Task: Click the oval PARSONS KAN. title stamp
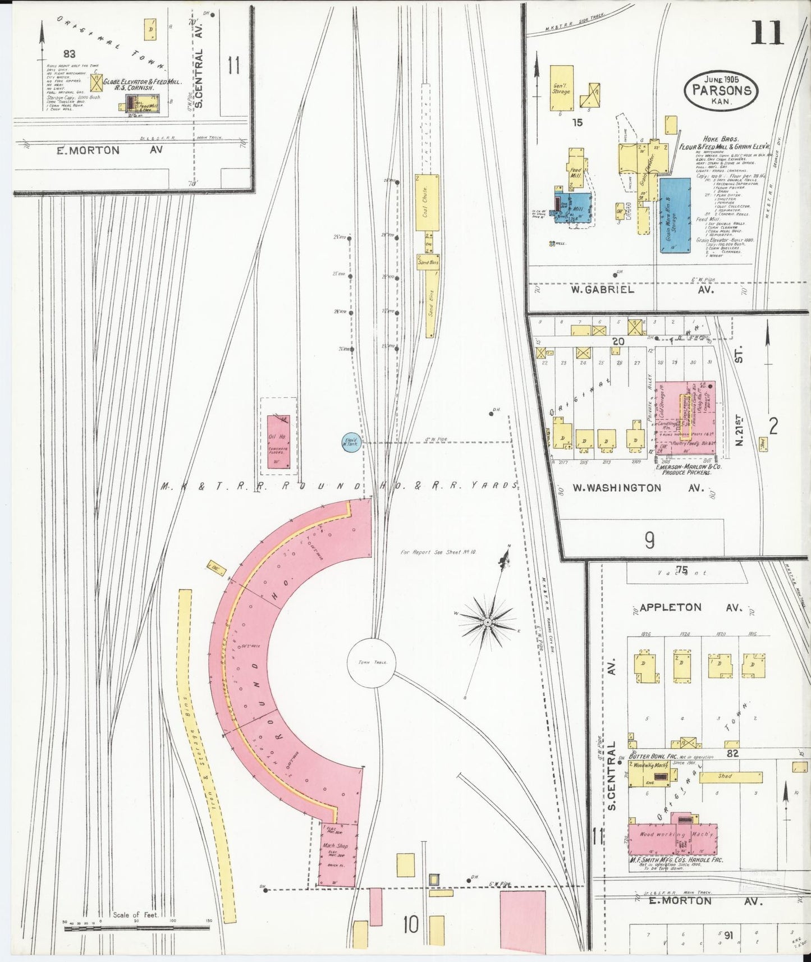(721, 90)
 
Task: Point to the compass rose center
(487, 622)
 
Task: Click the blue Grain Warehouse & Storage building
(675, 216)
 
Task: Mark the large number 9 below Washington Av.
(649, 540)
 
